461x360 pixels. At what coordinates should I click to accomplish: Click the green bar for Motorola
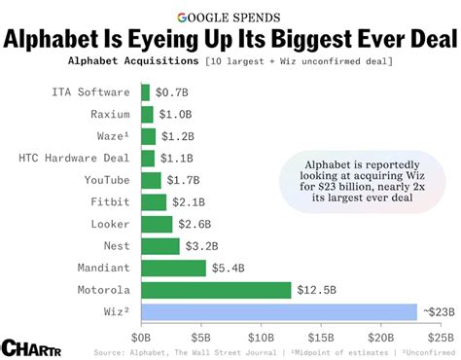coord(216,289)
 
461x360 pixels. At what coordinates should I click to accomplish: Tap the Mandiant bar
coord(173,268)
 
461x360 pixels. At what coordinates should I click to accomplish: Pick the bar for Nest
coord(160,245)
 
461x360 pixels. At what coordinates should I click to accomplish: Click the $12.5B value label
coord(318,289)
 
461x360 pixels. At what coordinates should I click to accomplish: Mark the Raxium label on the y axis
coord(111,114)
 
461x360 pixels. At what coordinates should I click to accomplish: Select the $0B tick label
coord(142,334)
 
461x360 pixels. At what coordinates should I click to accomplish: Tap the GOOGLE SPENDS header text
coord(230,17)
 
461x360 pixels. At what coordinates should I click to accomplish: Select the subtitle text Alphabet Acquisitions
coord(130,61)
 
